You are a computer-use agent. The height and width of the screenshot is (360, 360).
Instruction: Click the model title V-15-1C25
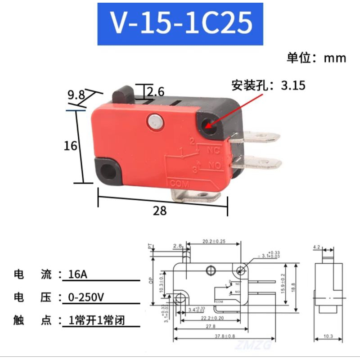(x=180, y=23)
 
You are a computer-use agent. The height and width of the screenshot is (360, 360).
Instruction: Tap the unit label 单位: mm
(x=316, y=58)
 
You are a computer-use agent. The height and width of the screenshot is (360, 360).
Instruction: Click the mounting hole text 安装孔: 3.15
(x=268, y=85)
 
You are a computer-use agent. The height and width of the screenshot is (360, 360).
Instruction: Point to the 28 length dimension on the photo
(x=159, y=210)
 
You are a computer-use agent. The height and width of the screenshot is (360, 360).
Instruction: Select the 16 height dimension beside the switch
(x=70, y=146)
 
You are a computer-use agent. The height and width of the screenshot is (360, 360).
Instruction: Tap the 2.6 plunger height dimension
(x=155, y=92)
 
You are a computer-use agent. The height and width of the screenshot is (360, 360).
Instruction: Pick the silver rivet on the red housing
(x=154, y=121)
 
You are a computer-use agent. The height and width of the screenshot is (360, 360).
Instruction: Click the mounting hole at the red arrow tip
(x=207, y=125)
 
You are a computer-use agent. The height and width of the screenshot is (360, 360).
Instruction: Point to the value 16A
(x=78, y=274)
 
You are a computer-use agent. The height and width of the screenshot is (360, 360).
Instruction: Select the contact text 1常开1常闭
(x=93, y=320)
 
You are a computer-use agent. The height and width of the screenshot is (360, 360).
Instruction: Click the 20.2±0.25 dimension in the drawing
(x=213, y=242)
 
